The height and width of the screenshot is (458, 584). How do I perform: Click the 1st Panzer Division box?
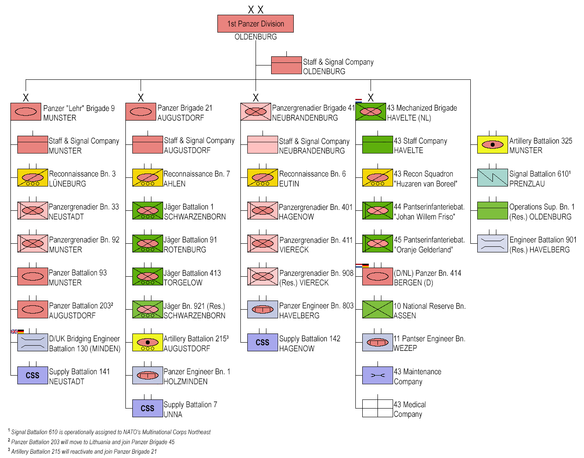tap(256, 24)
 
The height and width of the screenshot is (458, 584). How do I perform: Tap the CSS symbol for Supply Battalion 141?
tap(33, 376)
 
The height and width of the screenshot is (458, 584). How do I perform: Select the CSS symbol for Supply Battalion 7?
tap(148, 409)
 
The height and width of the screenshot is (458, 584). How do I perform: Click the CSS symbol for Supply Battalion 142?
tap(262, 343)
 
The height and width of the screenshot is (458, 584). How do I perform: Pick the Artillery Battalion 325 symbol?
tap(492, 145)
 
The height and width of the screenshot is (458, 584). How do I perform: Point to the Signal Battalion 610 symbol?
tap(492, 178)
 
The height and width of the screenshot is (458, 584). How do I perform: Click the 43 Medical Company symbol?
tap(377, 409)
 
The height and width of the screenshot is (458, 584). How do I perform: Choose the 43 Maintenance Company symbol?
tap(377, 376)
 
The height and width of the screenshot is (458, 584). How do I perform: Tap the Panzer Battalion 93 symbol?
tap(33, 277)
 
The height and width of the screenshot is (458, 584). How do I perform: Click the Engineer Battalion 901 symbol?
tap(492, 244)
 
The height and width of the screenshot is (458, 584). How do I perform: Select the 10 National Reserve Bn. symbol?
tap(377, 310)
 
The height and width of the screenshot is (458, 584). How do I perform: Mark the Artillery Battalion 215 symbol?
tap(148, 343)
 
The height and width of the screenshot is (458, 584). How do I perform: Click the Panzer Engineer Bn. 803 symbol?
tap(262, 310)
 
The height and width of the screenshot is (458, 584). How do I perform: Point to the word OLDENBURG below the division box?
tap(256, 37)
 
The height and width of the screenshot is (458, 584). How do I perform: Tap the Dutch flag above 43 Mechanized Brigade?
tap(358, 101)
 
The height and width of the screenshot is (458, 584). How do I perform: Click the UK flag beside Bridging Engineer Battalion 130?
tap(14, 332)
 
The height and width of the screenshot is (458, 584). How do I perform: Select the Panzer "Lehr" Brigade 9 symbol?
tap(26, 112)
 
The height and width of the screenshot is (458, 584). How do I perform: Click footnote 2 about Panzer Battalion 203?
tap(93, 442)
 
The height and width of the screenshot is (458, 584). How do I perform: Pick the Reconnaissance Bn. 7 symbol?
tap(148, 178)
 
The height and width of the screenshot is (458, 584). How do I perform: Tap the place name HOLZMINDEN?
tap(186, 382)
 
